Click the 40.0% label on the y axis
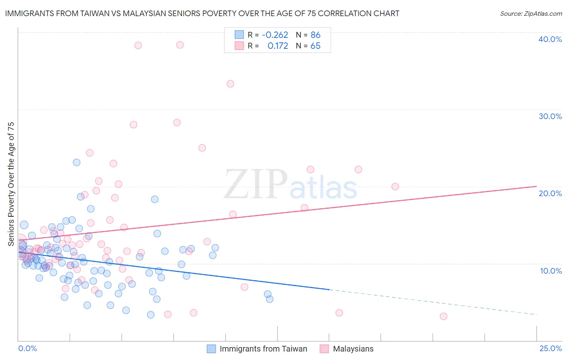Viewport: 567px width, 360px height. point(550,39)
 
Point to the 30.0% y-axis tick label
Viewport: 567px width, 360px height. point(550,116)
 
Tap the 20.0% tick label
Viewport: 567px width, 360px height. point(550,193)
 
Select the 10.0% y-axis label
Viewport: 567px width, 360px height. point(550,270)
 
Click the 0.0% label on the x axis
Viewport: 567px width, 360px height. point(27,348)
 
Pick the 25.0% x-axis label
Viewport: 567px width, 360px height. point(550,348)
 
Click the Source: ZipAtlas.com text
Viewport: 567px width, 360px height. point(531,14)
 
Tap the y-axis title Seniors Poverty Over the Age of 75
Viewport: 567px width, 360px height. point(11,184)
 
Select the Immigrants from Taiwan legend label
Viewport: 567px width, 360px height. point(263,349)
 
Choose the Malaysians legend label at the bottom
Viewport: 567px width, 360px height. point(353,349)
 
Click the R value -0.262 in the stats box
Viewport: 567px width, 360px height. point(275,35)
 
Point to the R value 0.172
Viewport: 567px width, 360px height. point(278,46)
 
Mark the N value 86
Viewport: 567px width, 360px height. point(315,35)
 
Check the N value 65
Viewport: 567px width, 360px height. point(315,46)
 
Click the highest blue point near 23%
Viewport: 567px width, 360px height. point(77,163)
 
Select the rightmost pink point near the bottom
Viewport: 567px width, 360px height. point(443,316)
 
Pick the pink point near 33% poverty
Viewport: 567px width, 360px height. point(230,84)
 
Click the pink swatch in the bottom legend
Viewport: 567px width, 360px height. point(324,349)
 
